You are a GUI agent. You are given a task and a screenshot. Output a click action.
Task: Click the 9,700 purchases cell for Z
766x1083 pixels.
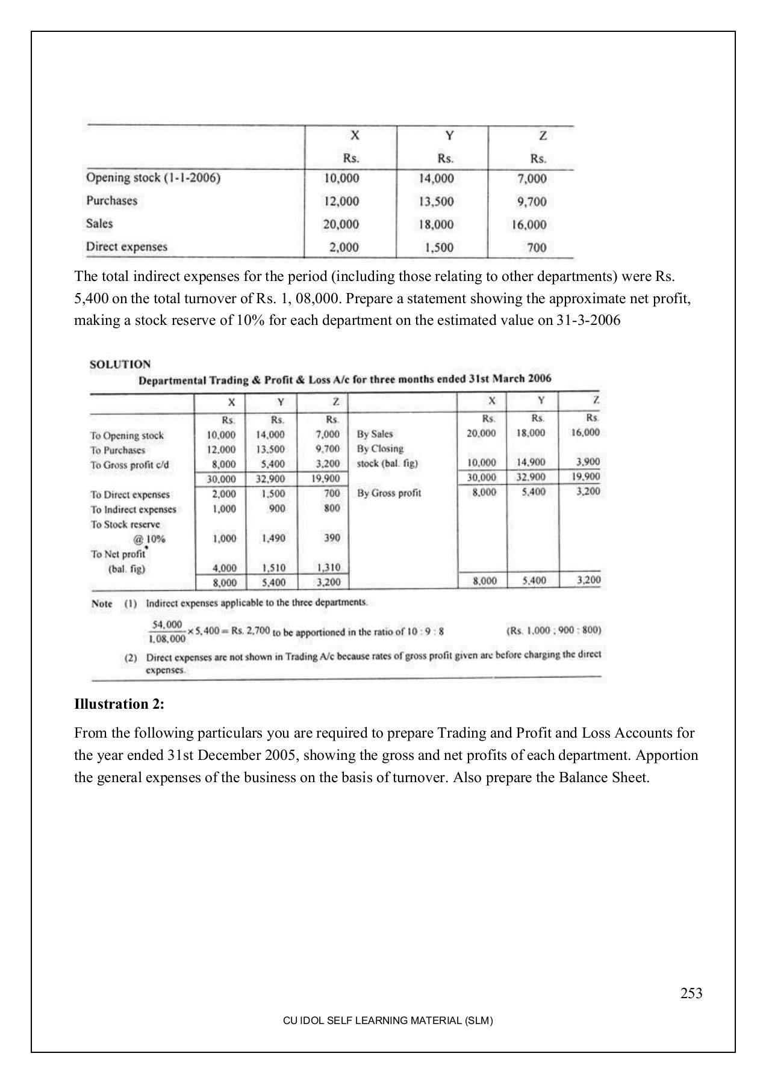[x=532, y=202]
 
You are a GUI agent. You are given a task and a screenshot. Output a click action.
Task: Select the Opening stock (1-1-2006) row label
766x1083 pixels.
[x=153, y=178]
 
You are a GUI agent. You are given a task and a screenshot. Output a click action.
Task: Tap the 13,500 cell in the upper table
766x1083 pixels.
[x=436, y=202]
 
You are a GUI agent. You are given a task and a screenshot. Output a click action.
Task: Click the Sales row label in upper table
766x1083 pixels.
[x=99, y=224]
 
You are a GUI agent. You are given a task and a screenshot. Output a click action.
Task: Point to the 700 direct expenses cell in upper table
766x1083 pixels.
[x=537, y=247]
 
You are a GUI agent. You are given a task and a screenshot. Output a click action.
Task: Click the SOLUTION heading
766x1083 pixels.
[x=120, y=364]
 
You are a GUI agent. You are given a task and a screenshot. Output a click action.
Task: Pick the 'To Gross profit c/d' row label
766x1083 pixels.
[x=129, y=464]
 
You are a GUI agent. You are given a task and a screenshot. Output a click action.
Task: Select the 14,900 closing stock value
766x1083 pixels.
[x=531, y=463]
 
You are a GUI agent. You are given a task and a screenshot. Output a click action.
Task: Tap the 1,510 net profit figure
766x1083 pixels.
[x=273, y=567]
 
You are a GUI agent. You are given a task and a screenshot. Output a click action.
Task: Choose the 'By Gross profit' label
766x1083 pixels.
[x=389, y=493]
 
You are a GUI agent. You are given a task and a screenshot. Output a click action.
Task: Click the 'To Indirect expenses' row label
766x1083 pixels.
[x=133, y=510]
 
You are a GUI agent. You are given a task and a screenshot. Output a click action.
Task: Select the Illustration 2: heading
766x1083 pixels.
[x=119, y=704]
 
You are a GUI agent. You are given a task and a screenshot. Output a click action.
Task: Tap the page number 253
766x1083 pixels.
[x=691, y=993]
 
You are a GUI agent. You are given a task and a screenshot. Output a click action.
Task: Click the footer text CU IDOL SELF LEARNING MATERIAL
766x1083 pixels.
[x=388, y=1021]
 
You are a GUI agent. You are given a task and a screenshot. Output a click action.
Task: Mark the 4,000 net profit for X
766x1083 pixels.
[x=224, y=567]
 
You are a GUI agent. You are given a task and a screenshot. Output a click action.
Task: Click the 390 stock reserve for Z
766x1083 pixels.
[x=332, y=538]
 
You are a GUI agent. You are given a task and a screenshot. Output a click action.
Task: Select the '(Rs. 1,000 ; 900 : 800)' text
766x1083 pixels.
[x=554, y=631]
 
